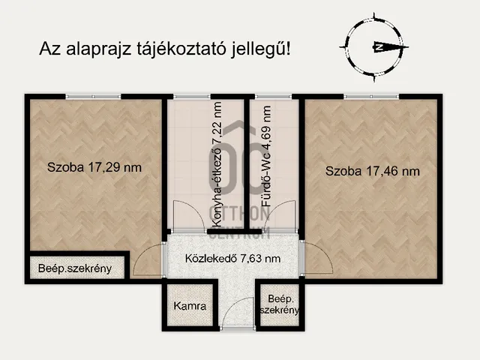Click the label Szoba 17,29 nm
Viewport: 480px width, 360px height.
(94, 167)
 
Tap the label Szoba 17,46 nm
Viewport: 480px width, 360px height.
(372, 171)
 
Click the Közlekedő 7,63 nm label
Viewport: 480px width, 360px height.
(233, 259)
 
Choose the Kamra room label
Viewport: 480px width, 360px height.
(190, 306)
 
